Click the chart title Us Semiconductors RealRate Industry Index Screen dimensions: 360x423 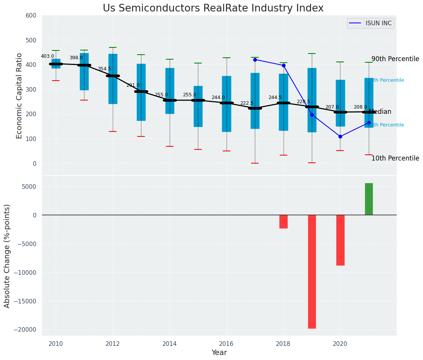tap(213, 8)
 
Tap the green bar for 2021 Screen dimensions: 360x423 tap(369, 199)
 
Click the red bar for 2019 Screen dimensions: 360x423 tap(312, 271)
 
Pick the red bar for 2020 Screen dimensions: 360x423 tap(340, 240)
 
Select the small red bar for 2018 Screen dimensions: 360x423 tap(283, 222)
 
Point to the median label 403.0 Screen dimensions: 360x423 tap(47, 56)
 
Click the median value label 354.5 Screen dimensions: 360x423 tap(104, 69)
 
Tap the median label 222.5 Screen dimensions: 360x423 tap(246, 103)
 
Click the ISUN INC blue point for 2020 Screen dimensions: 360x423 tap(340, 136)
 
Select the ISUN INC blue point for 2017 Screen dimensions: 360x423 tap(255, 60)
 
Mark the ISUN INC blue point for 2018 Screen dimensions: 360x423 tap(284, 65)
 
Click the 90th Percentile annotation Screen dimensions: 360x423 tap(395, 59)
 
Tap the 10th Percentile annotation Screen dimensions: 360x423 tap(395, 158)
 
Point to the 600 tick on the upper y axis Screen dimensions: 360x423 tap(31, 16)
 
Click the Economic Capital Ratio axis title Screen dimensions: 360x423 tap(19, 95)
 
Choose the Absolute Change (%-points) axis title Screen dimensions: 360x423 tap(7, 256)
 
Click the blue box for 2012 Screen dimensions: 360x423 tap(113, 79)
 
